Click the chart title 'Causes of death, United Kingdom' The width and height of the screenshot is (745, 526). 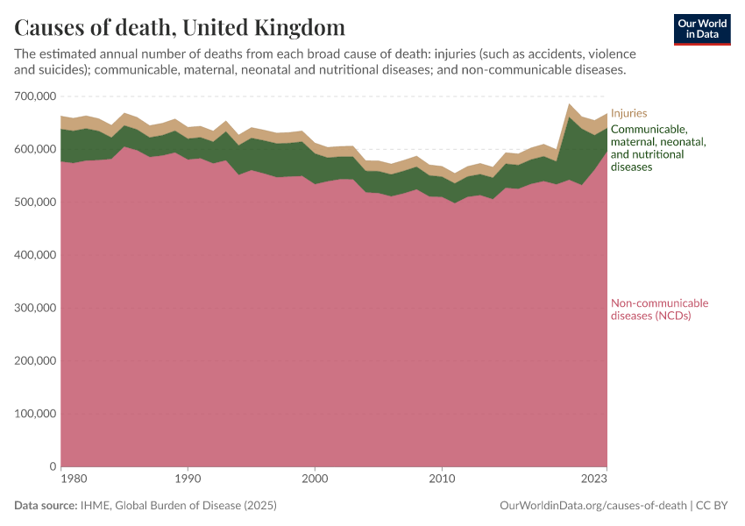point(180,26)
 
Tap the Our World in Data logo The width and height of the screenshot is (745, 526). point(702,29)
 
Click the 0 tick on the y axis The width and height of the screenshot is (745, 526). point(53,466)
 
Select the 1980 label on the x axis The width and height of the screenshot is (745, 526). point(74,480)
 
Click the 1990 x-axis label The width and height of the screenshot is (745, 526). point(187,480)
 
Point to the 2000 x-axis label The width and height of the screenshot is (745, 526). point(315,480)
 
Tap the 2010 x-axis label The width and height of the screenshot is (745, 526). point(442,480)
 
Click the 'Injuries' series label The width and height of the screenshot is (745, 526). point(628,113)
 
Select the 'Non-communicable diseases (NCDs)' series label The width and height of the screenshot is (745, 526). point(659,309)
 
